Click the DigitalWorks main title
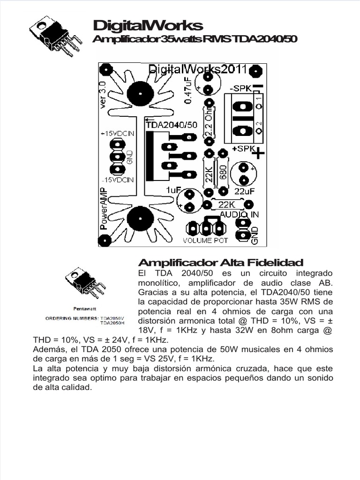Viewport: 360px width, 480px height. [x=148, y=25]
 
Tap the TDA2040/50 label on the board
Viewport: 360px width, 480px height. [x=172, y=125]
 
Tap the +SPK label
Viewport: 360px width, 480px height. [x=242, y=149]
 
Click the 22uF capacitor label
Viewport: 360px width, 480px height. [x=244, y=191]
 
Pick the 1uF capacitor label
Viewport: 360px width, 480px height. [x=172, y=190]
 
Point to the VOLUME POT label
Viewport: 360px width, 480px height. [x=205, y=240]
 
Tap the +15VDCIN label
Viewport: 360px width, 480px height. [x=117, y=134]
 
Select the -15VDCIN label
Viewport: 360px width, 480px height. [x=117, y=180]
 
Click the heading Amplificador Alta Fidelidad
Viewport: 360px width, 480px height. [x=220, y=262]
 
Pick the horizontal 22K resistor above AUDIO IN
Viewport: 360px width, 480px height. [x=227, y=204]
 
